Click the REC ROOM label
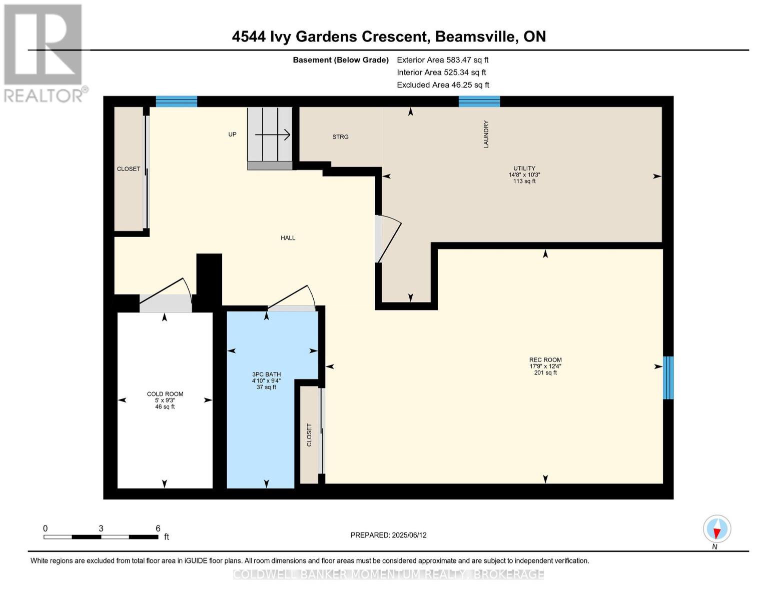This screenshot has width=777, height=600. pos(545,360)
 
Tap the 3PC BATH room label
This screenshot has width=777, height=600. pos(266,374)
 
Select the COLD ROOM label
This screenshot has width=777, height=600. pos(165,394)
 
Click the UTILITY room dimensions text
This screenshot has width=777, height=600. pos(524,175)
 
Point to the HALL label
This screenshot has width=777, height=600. pos(288,238)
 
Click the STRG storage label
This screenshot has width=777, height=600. pos(340,137)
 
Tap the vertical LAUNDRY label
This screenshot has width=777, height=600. pos(486,134)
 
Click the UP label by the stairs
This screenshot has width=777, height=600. pos(232,134)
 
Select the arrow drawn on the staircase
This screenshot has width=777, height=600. pos(273,134)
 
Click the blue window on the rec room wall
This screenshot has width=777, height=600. pos(668,377)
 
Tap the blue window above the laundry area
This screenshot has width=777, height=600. pos(479,101)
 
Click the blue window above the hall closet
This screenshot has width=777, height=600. pos(176,101)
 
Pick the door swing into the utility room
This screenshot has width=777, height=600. pos(389,239)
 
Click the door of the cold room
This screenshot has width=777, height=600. pos(165,296)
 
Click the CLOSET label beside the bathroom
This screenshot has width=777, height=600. pos(309,435)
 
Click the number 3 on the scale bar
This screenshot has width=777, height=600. pos(101,528)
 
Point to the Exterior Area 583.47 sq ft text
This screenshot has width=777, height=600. pos(442,60)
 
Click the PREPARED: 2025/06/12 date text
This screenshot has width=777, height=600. pos(388,535)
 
